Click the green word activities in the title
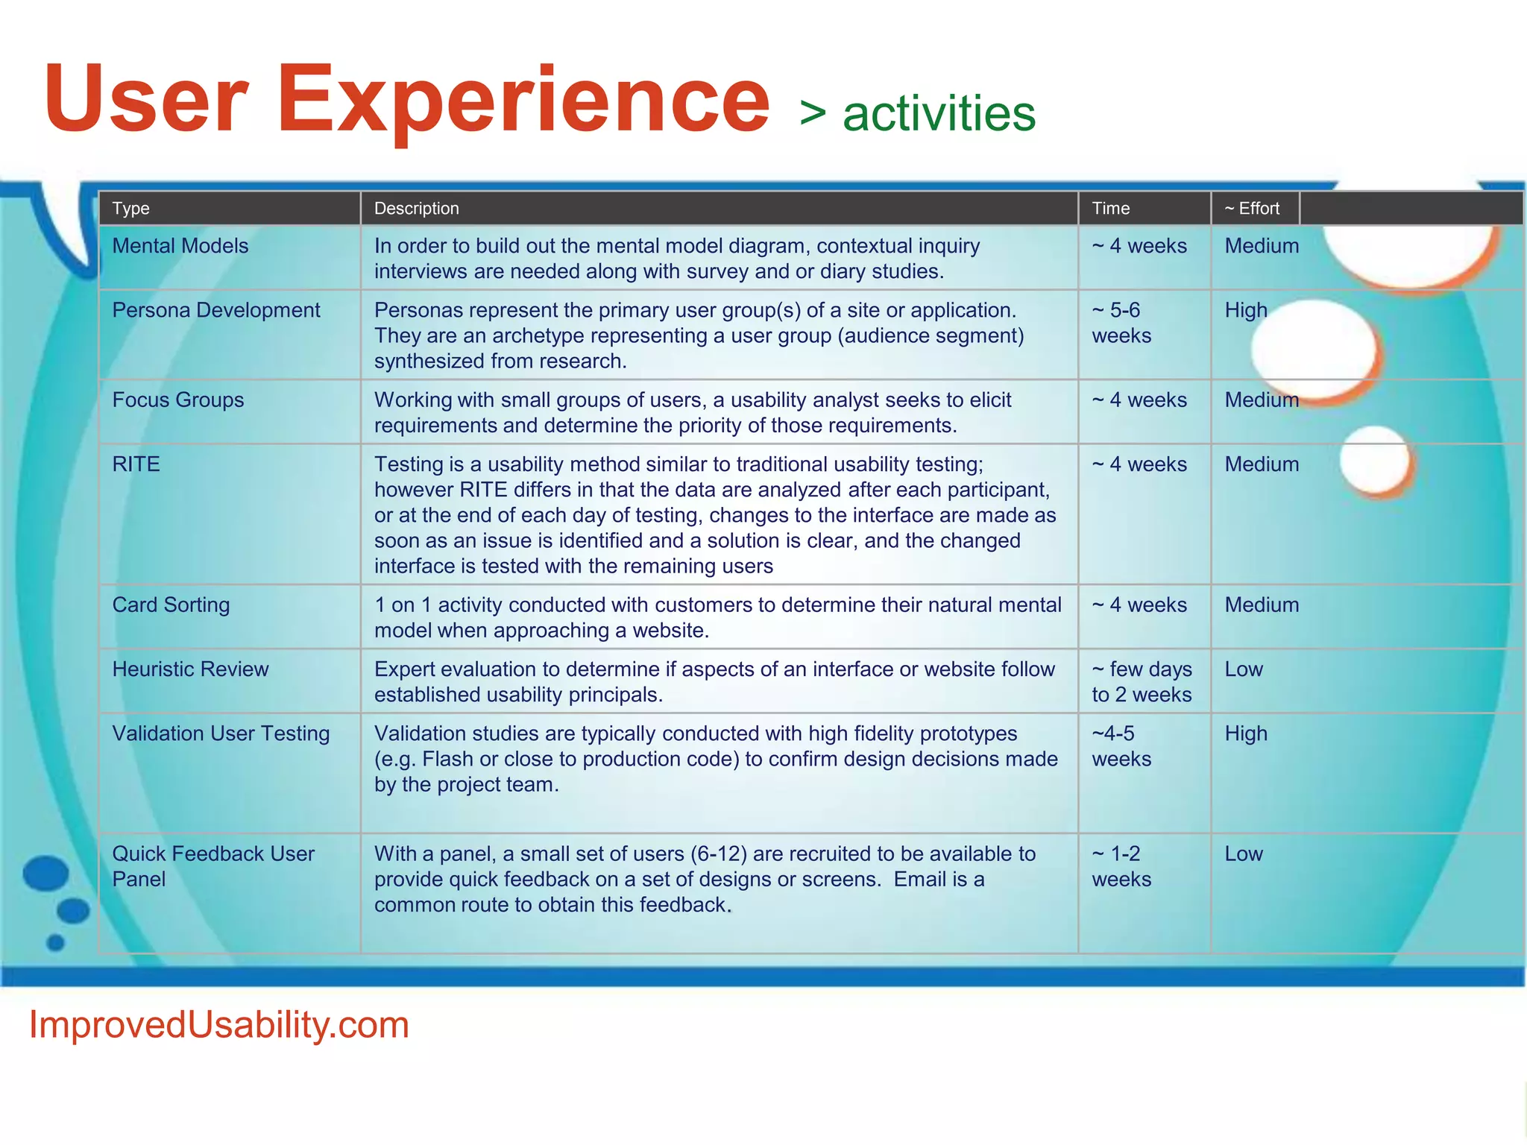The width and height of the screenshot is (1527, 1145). pos(939,114)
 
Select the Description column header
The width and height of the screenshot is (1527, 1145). pos(416,209)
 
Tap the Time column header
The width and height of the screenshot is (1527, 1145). pos(1110,209)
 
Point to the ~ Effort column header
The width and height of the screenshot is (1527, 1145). pos(1252,209)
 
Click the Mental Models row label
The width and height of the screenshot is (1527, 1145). pos(180,246)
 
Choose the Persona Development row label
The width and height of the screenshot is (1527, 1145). pos(215,310)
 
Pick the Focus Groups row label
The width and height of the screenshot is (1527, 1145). pos(177,400)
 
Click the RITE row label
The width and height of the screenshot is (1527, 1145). pos(136,464)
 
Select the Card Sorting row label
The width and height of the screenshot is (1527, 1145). pos(171,605)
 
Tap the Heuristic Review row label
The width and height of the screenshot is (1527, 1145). pos(190,669)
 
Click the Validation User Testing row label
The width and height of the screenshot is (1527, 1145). pos(221,734)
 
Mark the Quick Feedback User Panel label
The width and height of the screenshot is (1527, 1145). pos(212,865)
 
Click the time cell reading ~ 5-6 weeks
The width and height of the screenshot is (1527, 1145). pos(1121,323)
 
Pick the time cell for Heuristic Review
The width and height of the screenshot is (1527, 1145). pos(1142,681)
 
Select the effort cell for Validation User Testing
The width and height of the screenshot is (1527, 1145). pos(1245,734)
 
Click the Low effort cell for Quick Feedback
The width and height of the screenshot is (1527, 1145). pos(1244,854)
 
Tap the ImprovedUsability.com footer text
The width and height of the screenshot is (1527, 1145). pos(218,1025)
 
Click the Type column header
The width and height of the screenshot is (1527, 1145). pos(130,209)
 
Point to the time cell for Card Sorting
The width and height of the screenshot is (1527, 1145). pos(1139,605)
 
